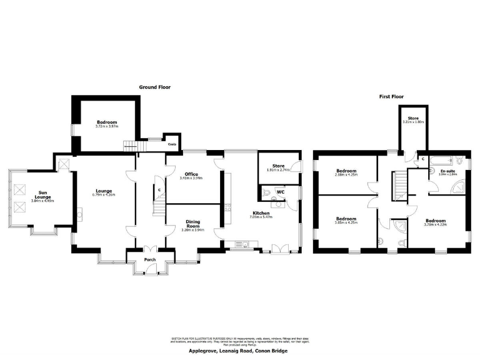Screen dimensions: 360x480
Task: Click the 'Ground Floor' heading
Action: [x=154, y=87]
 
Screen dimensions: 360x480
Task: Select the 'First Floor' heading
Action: [x=392, y=97]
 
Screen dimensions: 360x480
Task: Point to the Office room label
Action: [x=191, y=174]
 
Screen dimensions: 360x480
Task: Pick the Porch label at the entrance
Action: [x=150, y=259]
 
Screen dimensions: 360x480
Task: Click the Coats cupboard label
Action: [x=171, y=144]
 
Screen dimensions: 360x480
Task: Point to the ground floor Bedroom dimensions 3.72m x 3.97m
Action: [x=107, y=126]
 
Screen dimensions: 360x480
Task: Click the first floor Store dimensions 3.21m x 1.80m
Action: [x=413, y=122]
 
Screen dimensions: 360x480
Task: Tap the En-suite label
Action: [x=447, y=171]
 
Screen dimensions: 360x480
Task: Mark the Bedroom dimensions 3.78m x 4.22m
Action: [x=436, y=224]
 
